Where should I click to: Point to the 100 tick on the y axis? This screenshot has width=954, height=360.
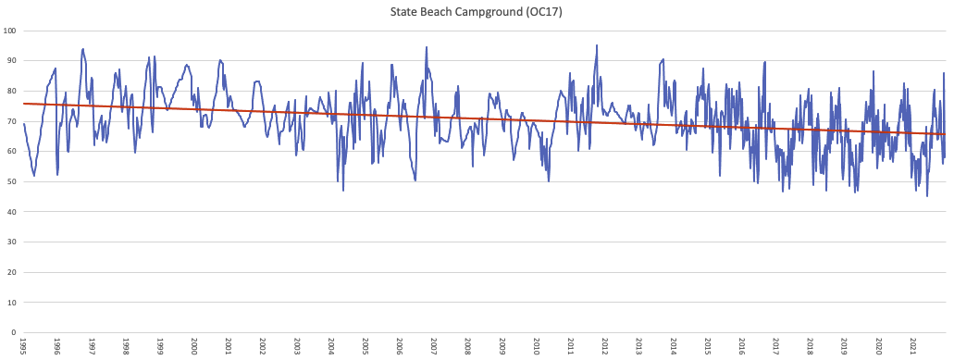tap(10, 31)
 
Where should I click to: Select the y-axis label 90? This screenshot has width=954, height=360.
tap(12, 61)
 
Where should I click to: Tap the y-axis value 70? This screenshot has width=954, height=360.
tap(12, 121)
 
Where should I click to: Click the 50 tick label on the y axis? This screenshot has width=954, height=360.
tap(12, 181)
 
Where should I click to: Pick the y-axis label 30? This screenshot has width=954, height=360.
tap(12, 242)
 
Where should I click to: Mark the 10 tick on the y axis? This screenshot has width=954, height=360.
tap(12, 302)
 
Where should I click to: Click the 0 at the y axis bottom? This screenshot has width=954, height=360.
tap(14, 331)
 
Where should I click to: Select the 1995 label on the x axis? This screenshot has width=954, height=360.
tap(23, 346)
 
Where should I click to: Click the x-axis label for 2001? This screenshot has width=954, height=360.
tap(229, 346)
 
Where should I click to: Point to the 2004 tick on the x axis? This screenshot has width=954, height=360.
tap(331, 346)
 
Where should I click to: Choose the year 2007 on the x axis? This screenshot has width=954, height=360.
tap(434, 346)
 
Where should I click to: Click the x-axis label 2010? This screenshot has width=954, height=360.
tap(537, 346)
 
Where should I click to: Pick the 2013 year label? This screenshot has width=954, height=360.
tap(639, 346)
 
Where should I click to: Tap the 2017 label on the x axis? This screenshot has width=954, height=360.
tap(776, 346)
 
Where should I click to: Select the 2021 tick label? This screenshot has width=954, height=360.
tap(913, 346)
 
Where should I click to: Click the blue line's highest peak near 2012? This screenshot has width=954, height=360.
tap(596, 45)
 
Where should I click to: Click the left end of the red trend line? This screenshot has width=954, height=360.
tap(25, 104)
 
